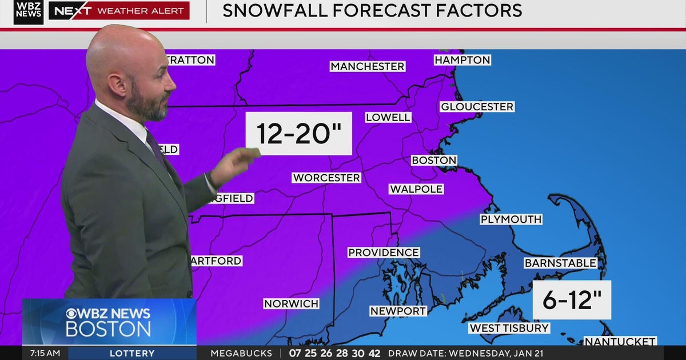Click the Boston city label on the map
pos(434,161)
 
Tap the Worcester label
pos(326,178)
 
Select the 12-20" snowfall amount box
pos(298,134)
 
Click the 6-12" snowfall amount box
pos(571,300)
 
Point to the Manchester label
pos(367,67)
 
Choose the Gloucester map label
pos(477,107)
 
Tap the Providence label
pos(384,253)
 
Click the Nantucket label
pos(620,341)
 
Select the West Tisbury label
pos(509,328)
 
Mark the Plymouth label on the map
pos(510,219)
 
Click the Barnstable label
pos(560,263)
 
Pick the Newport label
pos(398,311)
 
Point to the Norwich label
pos(291,303)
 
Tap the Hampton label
pos(462,60)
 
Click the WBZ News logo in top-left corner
pos(29,12)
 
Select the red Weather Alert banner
pos(119,11)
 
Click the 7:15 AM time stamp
pos(45,353)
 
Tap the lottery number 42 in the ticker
pos(374,353)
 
